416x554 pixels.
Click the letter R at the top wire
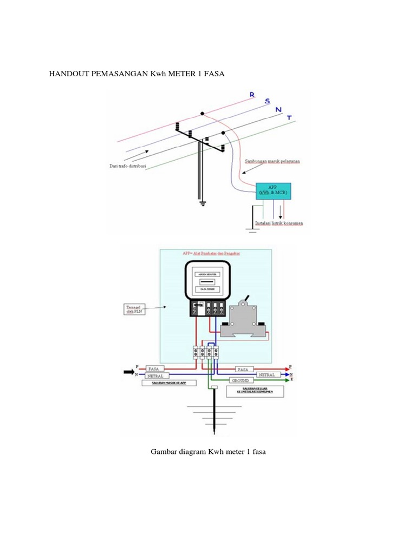(252, 95)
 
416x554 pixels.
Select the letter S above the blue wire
(266, 101)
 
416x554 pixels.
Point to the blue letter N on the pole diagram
(278, 110)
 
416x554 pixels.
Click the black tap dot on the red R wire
(202, 114)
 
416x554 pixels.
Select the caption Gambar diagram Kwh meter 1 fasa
(207, 451)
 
